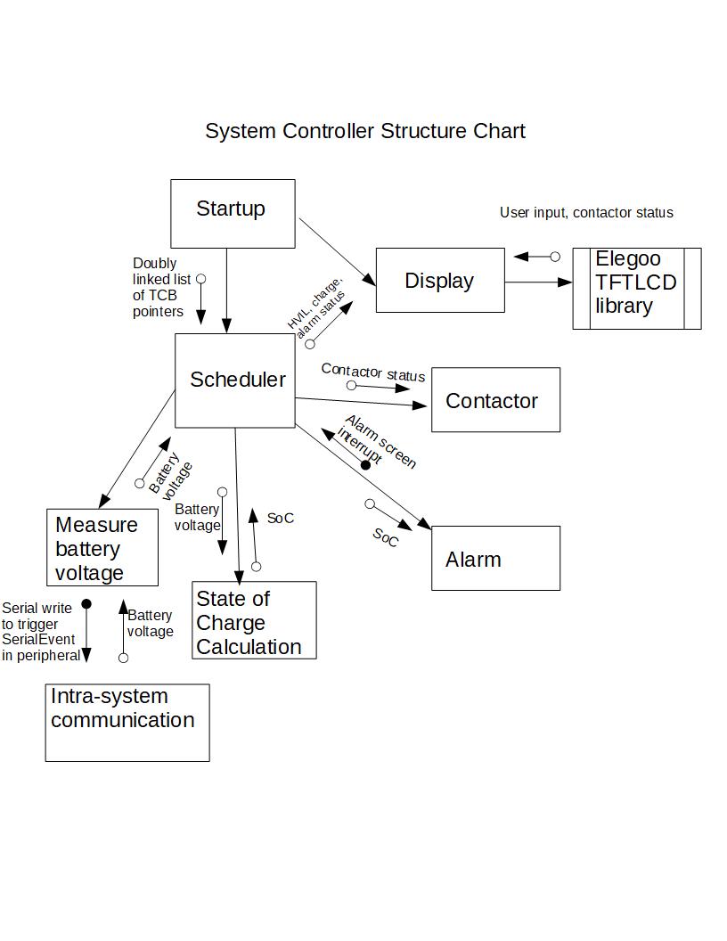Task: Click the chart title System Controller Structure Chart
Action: tap(364, 131)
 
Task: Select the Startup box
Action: tap(233, 213)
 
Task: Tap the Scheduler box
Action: tap(235, 380)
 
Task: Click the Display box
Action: tap(440, 281)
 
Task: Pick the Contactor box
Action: tap(495, 400)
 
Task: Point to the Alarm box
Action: tap(495, 558)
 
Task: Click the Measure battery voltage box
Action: tap(102, 547)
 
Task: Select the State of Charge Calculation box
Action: tap(254, 620)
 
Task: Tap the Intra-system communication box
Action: tap(127, 723)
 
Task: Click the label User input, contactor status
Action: tap(586, 212)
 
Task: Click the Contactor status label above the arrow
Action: tap(372, 372)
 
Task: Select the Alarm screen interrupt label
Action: tap(378, 441)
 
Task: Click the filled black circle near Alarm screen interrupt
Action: tap(365, 465)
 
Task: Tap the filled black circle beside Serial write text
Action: tap(86, 604)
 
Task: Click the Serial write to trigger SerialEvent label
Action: tap(40, 632)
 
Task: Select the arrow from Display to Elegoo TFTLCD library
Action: tap(538, 282)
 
